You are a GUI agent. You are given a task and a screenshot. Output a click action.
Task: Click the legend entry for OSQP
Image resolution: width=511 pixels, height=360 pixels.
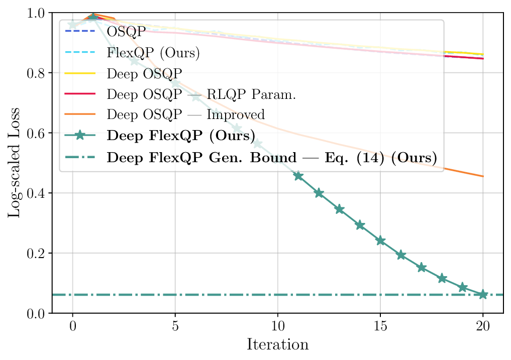[126, 32]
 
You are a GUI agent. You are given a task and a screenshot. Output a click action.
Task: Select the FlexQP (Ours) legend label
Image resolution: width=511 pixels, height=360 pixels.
[153, 52]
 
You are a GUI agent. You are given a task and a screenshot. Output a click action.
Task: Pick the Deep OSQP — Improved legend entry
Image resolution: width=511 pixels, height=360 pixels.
[185, 114]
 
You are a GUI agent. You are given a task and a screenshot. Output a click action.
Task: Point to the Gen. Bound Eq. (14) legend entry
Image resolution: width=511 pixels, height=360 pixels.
[271, 157]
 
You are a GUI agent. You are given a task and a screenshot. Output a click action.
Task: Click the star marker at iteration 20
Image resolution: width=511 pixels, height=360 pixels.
[483, 294]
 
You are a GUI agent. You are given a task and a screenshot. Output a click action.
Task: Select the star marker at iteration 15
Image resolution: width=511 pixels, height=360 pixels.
[380, 241]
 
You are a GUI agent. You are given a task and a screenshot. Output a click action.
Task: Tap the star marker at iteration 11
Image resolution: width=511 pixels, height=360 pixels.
[298, 176]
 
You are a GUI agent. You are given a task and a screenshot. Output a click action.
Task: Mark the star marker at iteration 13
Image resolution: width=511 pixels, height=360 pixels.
[339, 209]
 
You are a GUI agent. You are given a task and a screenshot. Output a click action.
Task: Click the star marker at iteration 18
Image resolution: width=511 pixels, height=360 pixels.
[442, 278]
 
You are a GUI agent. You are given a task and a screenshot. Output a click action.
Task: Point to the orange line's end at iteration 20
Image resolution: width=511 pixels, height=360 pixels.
[483, 176]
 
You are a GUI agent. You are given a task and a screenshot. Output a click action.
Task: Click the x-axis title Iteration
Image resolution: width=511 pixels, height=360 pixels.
[277, 345]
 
